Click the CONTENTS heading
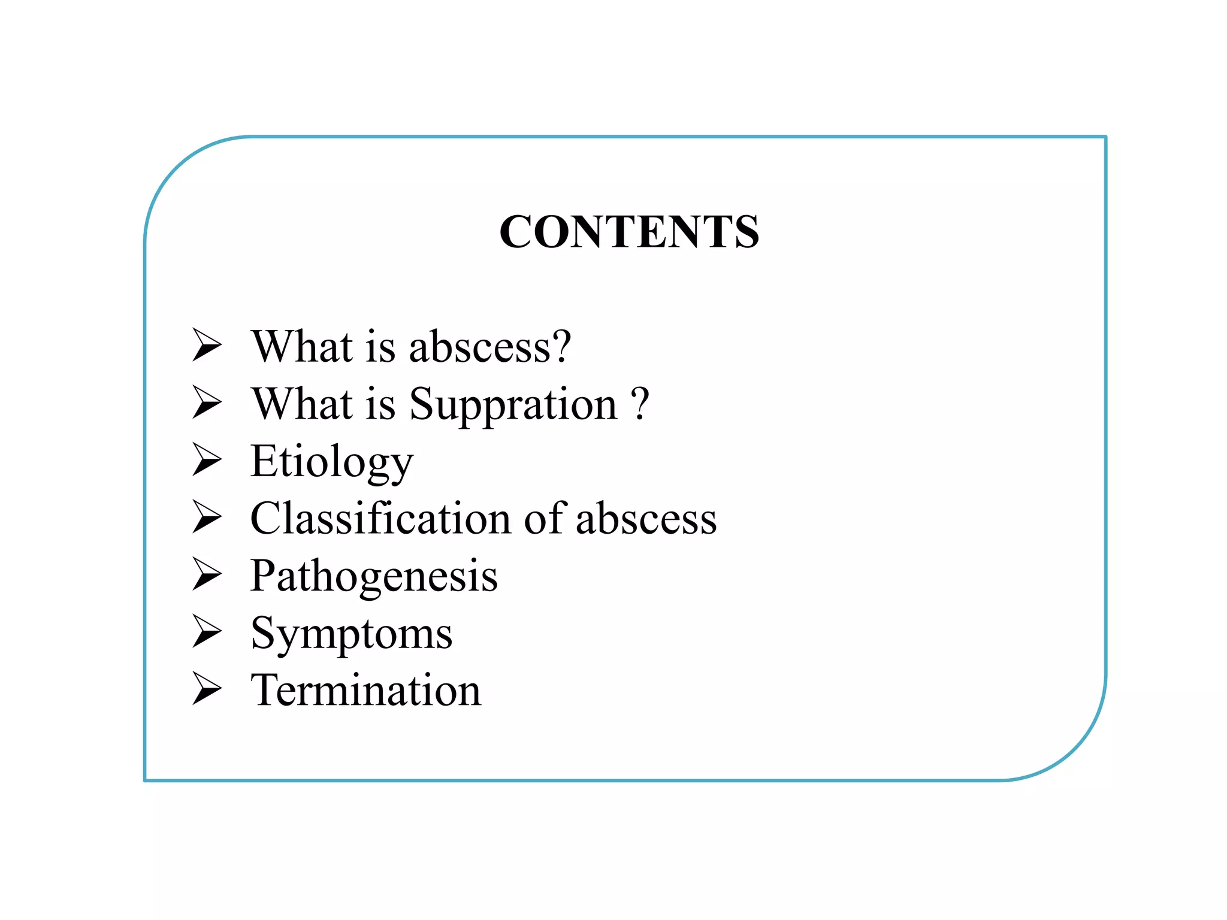click(629, 232)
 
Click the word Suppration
click(513, 405)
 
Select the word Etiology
click(332, 462)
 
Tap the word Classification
click(380, 518)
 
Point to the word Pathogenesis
click(374, 576)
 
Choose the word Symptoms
click(352, 634)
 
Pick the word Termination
click(366, 690)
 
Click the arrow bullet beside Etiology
click(207, 459)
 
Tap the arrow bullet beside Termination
click(207, 688)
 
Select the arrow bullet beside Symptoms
click(207, 631)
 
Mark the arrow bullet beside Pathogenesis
click(207, 574)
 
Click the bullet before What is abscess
click(207, 345)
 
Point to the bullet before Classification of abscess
click(207, 517)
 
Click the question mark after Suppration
click(640, 404)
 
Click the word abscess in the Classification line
click(646, 519)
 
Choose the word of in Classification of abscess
click(545, 518)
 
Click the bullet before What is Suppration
click(207, 402)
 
